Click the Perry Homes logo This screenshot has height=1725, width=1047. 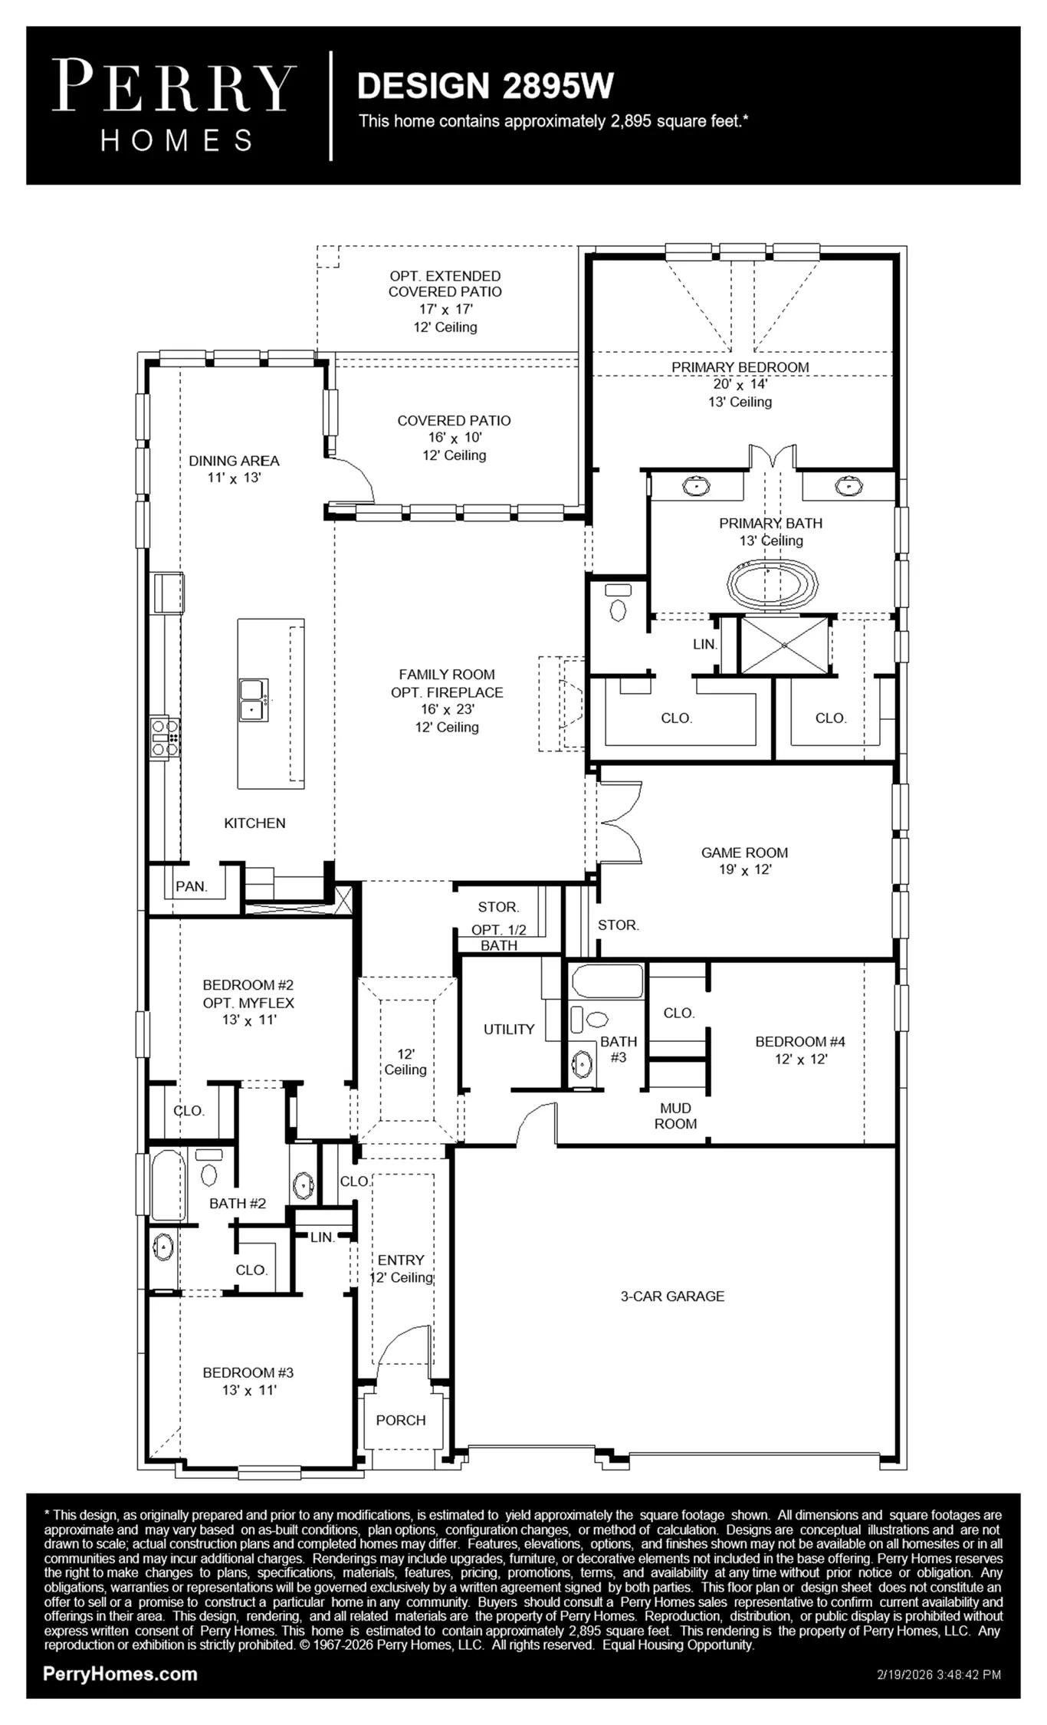click(175, 107)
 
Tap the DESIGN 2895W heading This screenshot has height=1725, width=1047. click(485, 86)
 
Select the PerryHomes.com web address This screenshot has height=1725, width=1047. click(120, 1674)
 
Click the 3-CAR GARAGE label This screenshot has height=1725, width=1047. click(672, 1296)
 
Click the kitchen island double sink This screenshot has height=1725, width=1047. click(253, 699)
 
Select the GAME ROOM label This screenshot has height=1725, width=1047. click(744, 852)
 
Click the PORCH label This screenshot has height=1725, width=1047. click(401, 1420)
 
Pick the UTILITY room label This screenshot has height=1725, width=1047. click(509, 1029)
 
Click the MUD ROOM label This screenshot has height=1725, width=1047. click(676, 1115)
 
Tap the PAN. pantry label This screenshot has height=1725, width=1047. click(192, 886)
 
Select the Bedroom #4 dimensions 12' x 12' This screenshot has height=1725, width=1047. click(801, 1059)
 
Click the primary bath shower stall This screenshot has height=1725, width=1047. click(785, 645)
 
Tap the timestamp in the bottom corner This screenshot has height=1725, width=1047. click(939, 1674)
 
